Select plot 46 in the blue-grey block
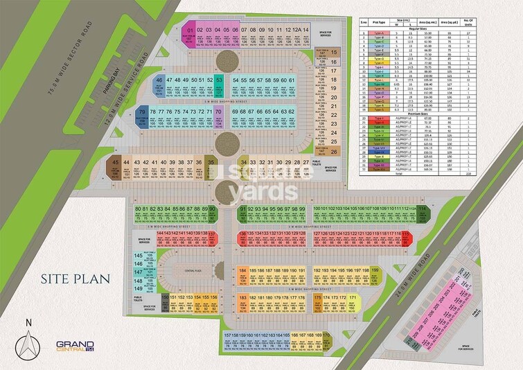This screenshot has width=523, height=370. (160, 87)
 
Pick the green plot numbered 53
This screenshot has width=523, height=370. (219, 86)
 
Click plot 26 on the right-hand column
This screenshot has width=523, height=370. (334, 151)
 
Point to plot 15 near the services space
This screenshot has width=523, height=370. (334, 52)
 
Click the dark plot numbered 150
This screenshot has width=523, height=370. (165, 301)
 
